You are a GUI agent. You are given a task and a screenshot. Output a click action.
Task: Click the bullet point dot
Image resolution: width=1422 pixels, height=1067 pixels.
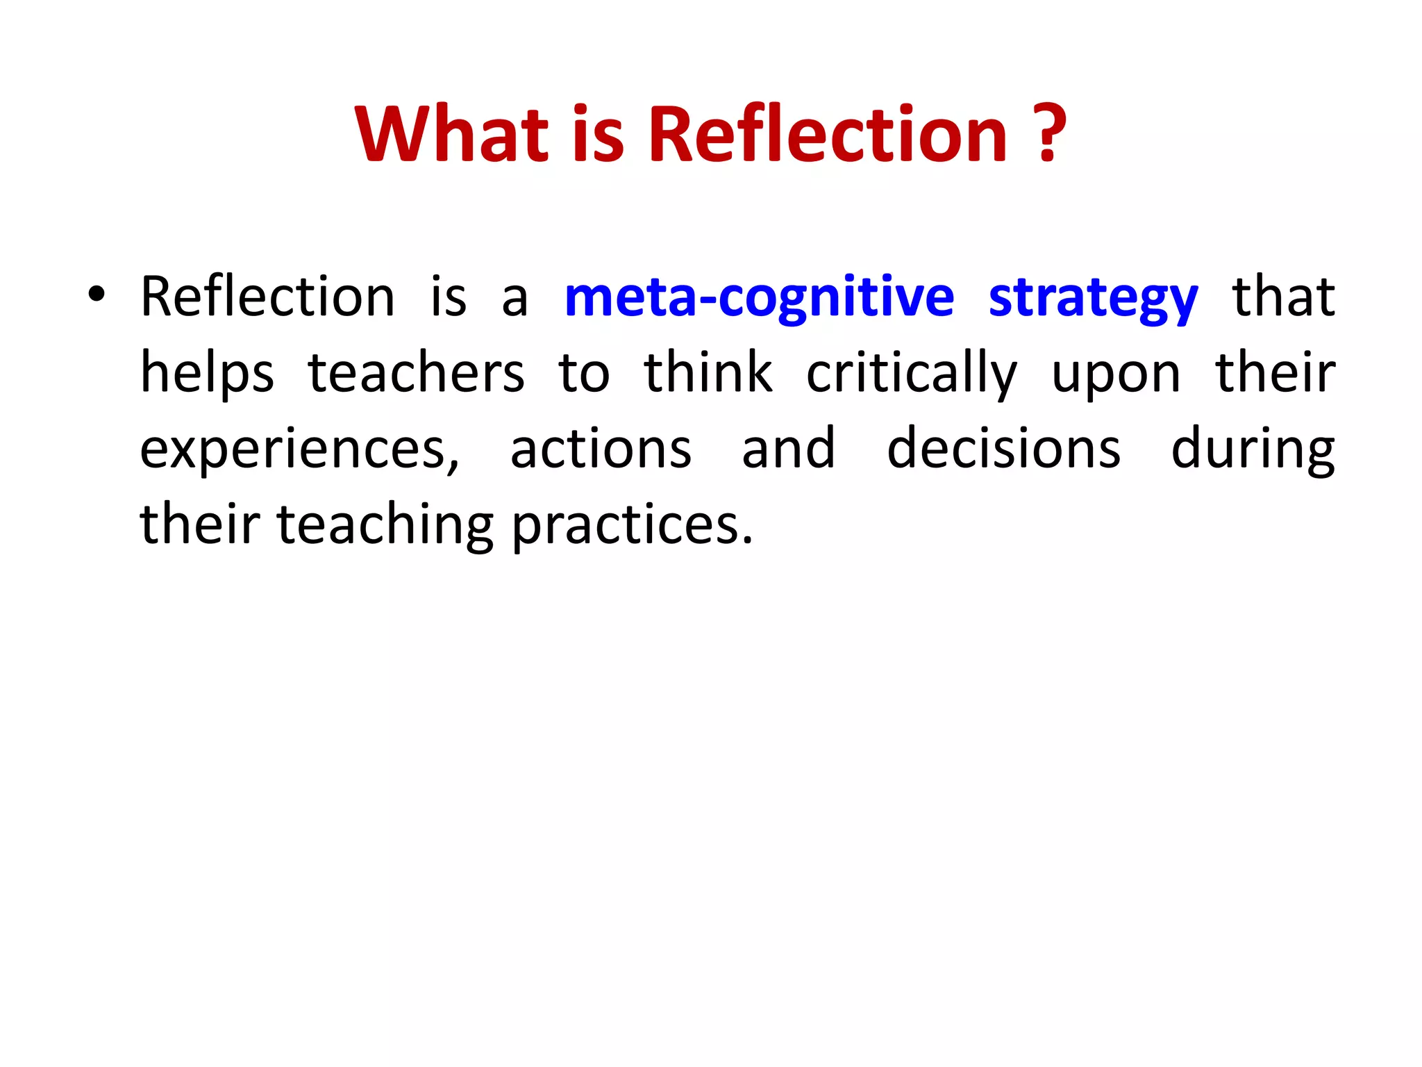[97, 295]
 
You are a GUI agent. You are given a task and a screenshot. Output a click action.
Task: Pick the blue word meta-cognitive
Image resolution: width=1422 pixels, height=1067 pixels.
[760, 297]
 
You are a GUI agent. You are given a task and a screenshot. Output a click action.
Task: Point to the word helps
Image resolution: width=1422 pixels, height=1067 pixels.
[207, 374]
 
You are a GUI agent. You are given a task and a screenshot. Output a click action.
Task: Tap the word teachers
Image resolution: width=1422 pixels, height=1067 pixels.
[416, 374]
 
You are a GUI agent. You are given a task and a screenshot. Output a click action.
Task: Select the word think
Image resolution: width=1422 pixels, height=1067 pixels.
[708, 372]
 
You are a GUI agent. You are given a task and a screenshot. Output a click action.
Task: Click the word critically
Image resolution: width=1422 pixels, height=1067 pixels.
[912, 374]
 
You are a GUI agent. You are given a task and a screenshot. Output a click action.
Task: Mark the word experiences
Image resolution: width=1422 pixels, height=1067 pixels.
[299, 450]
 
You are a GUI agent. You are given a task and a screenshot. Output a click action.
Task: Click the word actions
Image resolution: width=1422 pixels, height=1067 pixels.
[601, 449]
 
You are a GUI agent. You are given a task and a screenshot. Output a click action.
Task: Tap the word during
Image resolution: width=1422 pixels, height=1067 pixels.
[1253, 450]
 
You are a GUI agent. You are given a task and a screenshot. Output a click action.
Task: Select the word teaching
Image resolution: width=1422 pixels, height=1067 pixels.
[385, 525]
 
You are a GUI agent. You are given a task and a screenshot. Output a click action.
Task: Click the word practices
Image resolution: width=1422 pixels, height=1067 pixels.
[632, 526]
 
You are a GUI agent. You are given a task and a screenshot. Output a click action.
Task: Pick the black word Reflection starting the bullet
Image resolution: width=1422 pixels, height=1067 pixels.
[268, 297]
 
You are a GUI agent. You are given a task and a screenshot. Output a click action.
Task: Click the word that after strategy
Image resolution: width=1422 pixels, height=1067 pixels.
[1283, 297]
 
